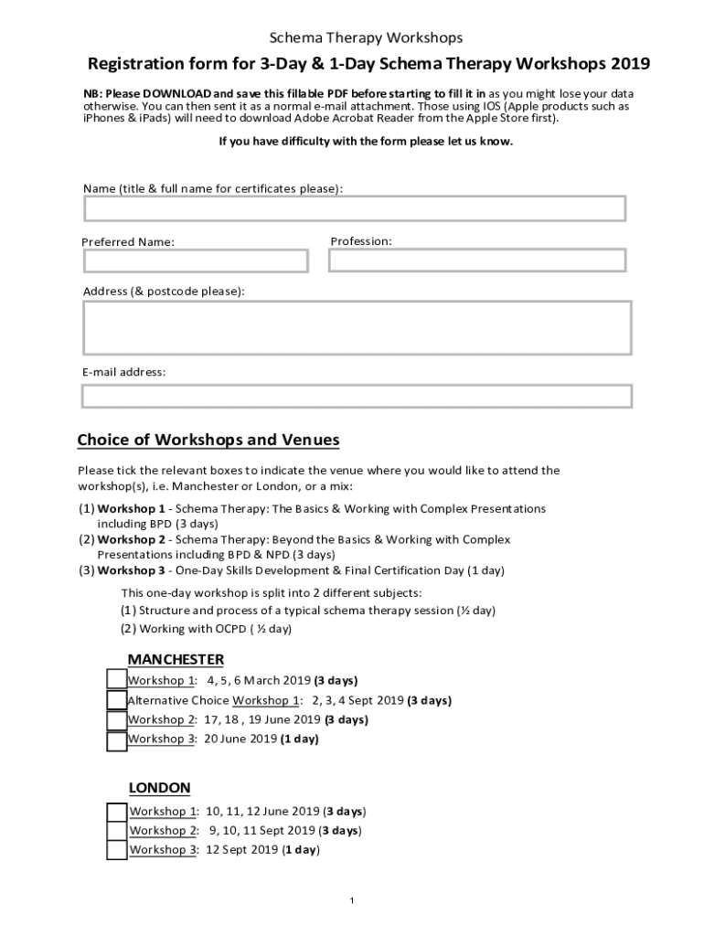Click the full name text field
(x=355, y=208)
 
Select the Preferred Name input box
(x=196, y=261)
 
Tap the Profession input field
(x=477, y=261)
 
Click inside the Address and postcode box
(x=357, y=327)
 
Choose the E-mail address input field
(x=357, y=396)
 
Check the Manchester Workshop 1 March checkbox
(x=117, y=680)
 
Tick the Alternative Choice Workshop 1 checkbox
(x=117, y=700)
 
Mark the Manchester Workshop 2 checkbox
(x=117, y=720)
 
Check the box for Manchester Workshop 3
(x=117, y=740)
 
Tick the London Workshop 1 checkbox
(x=117, y=812)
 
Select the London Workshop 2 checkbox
(x=117, y=831)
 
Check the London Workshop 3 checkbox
(x=117, y=850)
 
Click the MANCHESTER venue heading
(x=176, y=659)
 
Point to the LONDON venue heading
(x=159, y=788)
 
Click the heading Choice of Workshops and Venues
(x=208, y=441)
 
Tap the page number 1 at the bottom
(x=352, y=901)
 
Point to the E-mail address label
(x=124, y=372)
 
